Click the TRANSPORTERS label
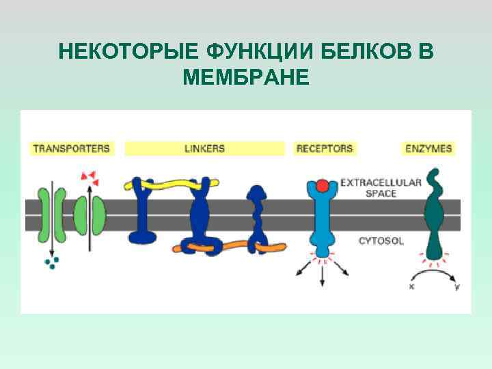point(72,148)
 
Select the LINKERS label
point(204,148)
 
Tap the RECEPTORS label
point(325,148)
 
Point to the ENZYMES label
point(428,148)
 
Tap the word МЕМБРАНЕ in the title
point(246,77)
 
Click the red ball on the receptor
point(323,187)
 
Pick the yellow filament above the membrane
point(171,184)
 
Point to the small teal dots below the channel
point(51,262)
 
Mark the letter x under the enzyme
point(411,287)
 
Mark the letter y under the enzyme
point(456,287)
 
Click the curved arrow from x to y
point(433,271)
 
